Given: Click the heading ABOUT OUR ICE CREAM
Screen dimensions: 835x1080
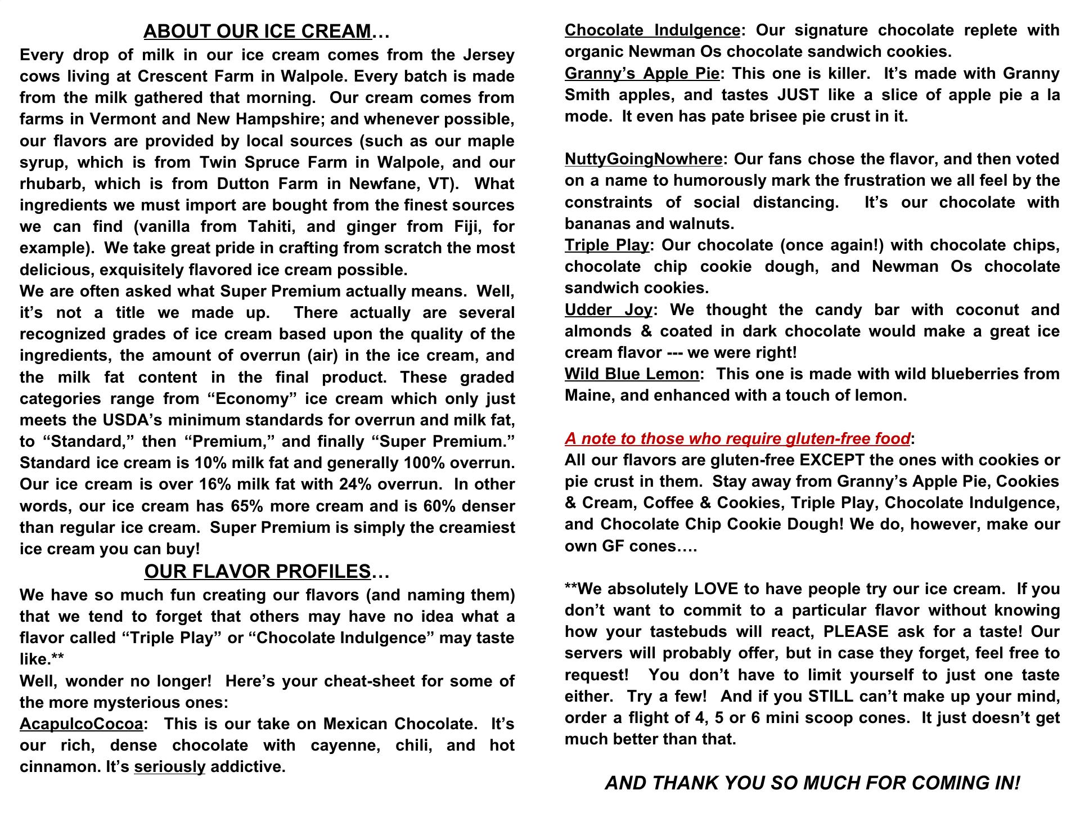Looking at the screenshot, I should coord(258,32).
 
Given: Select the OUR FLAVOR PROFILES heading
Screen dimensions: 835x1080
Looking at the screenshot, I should coord(258,572).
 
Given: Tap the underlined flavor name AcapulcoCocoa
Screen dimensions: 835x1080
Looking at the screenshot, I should coord(81,724).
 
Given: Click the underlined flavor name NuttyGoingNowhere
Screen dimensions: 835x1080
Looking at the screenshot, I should coord(643,159).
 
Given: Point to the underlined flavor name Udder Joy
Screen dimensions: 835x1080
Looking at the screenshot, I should coord(608,310).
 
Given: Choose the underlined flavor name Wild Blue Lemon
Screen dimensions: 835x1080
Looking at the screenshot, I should coord(632,374).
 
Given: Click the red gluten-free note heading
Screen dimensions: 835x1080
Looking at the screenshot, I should coord(737,438).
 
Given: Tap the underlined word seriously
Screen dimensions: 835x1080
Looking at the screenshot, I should coord(169,767).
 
